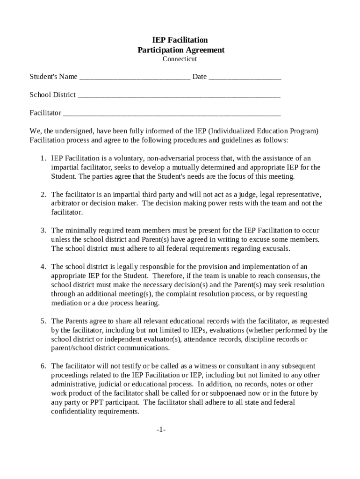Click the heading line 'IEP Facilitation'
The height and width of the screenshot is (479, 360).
click(180, 40)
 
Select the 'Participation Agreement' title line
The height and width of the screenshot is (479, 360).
click(180, 50)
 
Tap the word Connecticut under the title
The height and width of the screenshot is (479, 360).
click(180, 59)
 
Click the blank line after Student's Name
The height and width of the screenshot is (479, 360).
click(135, 77)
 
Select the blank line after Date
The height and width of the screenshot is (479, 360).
click(245, 77)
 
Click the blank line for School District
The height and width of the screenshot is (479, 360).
click(179, 95)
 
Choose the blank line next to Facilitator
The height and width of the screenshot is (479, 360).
click(172, 114)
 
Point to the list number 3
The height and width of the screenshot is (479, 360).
click(43, 231)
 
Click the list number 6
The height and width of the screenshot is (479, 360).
click(43, 366)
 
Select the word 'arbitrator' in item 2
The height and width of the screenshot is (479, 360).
click(66, 203)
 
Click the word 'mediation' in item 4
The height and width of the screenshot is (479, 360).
click(66, 303)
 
